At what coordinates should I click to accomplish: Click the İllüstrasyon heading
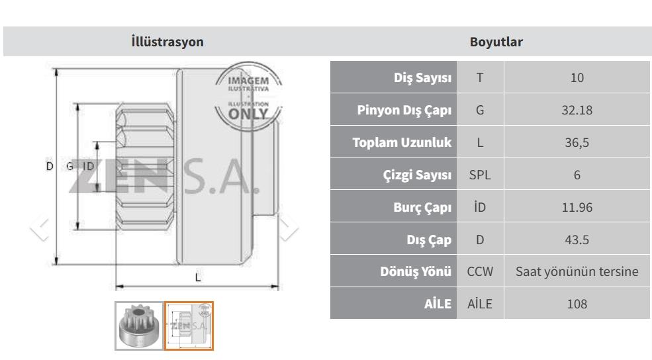[167, 42]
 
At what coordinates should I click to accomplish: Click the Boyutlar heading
[496, 42]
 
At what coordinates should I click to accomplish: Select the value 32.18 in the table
[577, 110]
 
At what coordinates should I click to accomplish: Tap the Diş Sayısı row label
[422, 77]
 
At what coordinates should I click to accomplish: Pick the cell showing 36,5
[577, 142]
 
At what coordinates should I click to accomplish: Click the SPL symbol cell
[480, 175]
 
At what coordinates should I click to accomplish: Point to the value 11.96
[577, 207]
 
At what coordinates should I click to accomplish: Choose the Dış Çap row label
[429, 240]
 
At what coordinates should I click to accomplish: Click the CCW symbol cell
[480, 271]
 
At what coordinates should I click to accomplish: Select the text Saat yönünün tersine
[577, 271]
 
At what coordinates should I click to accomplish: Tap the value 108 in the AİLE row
[577, 304]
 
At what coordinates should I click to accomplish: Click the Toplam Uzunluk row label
[402, 142]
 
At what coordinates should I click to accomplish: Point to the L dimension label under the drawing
[198, 277]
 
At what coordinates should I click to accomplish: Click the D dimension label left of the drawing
[50, 166]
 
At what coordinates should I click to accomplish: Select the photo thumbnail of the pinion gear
[139, 326]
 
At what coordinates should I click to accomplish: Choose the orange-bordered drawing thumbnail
[189, 326]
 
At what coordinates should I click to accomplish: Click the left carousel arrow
[40, 228]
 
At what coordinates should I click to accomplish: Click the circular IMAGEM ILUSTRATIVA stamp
[248, 97]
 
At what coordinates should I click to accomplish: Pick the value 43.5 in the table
[577, 240]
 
